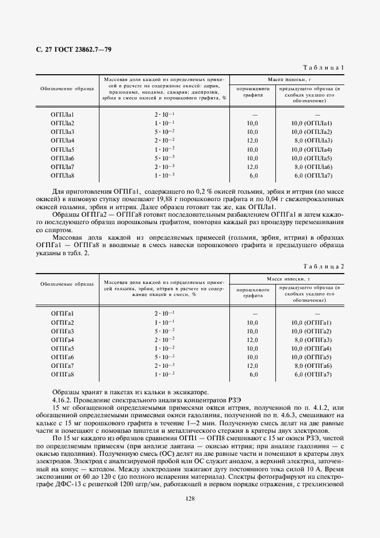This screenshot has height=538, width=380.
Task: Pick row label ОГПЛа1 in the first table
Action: click(x=63, y=114)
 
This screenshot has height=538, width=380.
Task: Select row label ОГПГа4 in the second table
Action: click(x=63, y=340)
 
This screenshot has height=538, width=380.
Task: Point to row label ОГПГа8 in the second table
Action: click(x=63, y=374)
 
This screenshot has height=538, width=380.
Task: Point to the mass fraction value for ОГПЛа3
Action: click(x=164, y=132)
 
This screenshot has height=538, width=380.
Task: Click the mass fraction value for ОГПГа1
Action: click(x=164, y=314)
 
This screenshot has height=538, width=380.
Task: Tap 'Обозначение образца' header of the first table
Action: click(x=63, y=89)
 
